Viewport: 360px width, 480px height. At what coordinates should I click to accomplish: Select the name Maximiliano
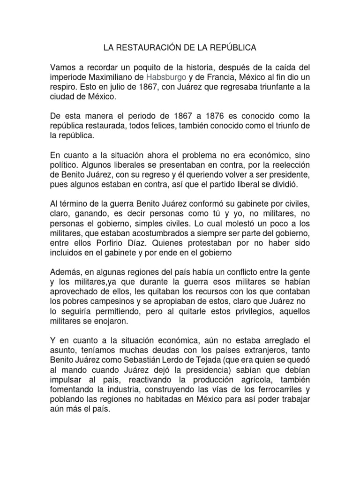point(118,77)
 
